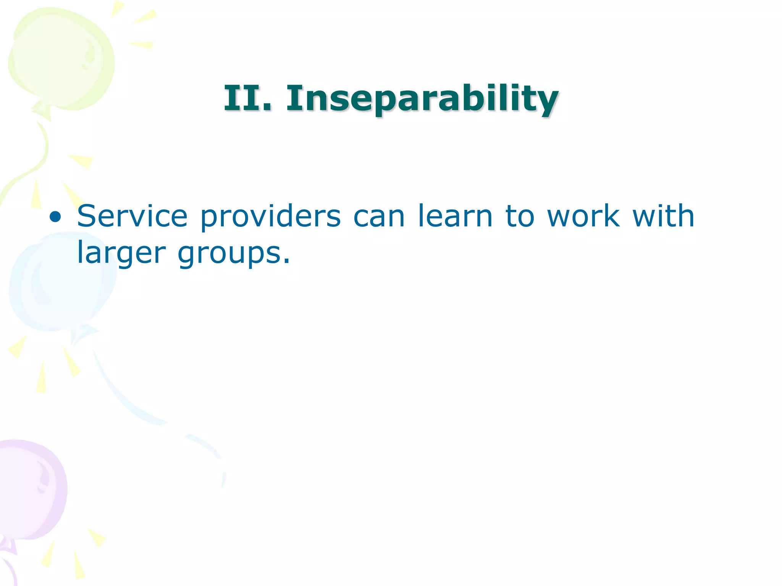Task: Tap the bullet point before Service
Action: point(55,217)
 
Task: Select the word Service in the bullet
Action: point(132,216)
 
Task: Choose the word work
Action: point(583,216)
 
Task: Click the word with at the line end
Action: point(663,216)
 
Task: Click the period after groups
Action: point(287,261)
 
